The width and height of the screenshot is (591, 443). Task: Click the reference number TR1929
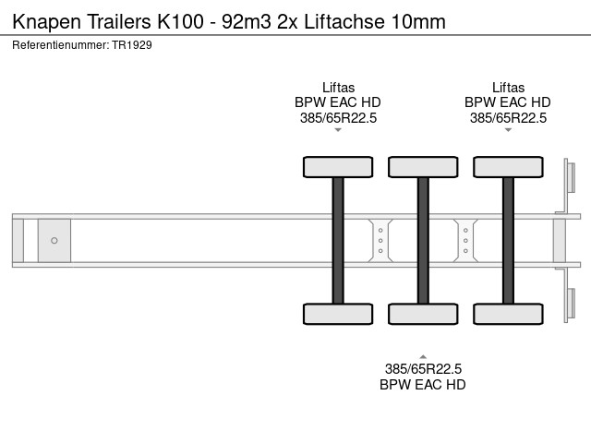coord(132,44)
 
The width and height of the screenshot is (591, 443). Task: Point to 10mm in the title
coord(420,20)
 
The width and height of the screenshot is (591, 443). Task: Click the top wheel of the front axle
coord(338,167)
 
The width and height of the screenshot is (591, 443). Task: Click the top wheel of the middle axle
coord(423,167)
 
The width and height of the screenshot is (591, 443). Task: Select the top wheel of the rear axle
coord(508,167)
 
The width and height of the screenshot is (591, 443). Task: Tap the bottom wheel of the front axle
coord(338,314)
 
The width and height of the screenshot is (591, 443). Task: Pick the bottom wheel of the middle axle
coord(423,314)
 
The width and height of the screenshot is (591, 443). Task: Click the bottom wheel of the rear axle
coord(508,314)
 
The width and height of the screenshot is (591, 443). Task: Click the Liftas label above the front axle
coord(338,88)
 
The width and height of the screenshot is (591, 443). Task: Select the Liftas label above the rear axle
coord(508,88)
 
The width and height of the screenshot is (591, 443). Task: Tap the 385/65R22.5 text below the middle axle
coord(423,369)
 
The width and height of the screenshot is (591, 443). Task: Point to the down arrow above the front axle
coord(338,130)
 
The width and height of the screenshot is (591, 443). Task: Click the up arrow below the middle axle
coord(423,355)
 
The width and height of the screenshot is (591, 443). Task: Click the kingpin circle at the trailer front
coord(54,241)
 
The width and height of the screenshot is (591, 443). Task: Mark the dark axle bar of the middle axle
coord(423,240)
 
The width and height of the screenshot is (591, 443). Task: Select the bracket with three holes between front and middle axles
coord(380,241)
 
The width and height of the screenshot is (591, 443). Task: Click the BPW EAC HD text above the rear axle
coord(508,102)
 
